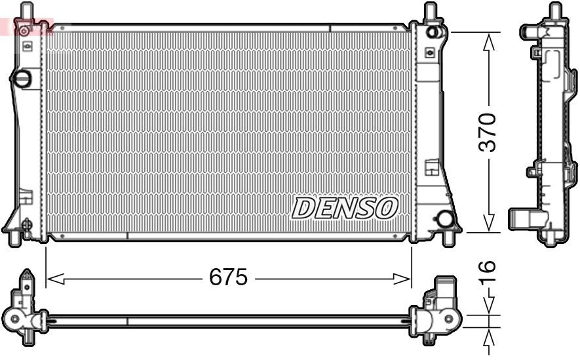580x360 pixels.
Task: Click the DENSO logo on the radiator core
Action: coord(345,209)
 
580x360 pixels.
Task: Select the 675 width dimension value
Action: coord(228,278)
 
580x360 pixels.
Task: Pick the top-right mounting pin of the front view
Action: coord(430,11)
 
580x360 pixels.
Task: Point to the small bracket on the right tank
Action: coord(431,167)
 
